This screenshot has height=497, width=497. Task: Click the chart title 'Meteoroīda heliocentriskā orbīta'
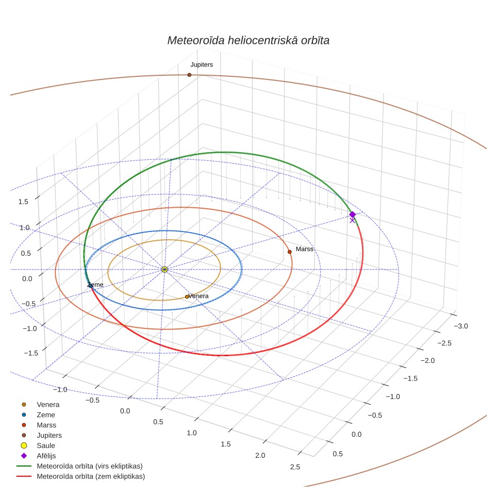click(x=248, y=41)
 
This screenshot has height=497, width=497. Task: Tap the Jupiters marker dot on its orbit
click(x=189, y=75)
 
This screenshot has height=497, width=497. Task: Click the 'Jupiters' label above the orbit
click(x=202, y=64)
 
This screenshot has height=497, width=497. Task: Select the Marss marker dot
click(x=289, y=252)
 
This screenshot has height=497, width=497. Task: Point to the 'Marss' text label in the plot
click(x=304, y=249)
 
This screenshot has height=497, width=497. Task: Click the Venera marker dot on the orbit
click(x=187, y=296)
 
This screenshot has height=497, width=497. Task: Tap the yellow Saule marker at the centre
click(x=164, y=270)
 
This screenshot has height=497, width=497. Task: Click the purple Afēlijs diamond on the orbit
click(x=352, y=214)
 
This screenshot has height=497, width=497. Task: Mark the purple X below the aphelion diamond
click(x=352, y=220)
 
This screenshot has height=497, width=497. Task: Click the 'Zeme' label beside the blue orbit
click(x=95, y=285)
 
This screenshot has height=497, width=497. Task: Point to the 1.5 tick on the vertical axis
click(x=23, y=202)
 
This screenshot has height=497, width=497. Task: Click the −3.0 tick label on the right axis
click(x=461, y=326)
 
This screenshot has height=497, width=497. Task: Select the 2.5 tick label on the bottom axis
click(x=295, y=467)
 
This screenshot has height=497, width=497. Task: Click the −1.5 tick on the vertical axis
click(x=31, y=353)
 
